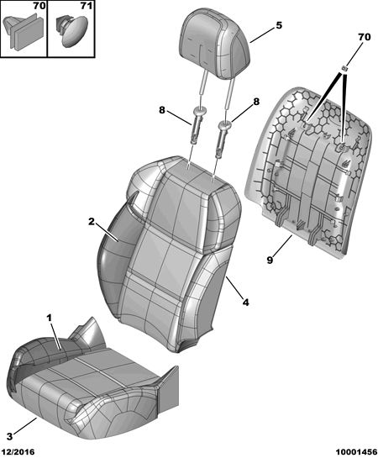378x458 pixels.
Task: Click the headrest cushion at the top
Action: [x=215, y=45]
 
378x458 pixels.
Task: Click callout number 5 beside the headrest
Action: [x=279, y=25]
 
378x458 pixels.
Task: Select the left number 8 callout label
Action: [x=162, y=110]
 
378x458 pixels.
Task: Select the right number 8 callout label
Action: [x=256, y=102]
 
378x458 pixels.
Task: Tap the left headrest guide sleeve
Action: [x=198, y=124]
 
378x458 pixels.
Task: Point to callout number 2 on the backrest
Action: [x=92, y=222]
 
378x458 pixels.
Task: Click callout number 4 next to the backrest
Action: [x=246, y=303]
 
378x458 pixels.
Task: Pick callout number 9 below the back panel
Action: [x=270, y=260]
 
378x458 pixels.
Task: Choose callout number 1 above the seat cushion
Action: [x=50, y=318]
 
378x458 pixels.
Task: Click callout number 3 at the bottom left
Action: [x=9, y=437]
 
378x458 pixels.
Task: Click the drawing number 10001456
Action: [x=356, y=452]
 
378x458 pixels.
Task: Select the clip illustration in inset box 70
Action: [x=24, y=31]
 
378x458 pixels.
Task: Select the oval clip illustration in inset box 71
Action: [x=71, y=30]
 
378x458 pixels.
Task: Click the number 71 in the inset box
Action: [x=87, y=6]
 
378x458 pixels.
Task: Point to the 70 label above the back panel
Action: [x=365, y=37]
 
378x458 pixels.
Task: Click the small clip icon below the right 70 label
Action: [x=344, y=68]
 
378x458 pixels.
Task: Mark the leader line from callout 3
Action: [x=25, y=425]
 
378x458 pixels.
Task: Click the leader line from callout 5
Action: [x=262, y=35]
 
